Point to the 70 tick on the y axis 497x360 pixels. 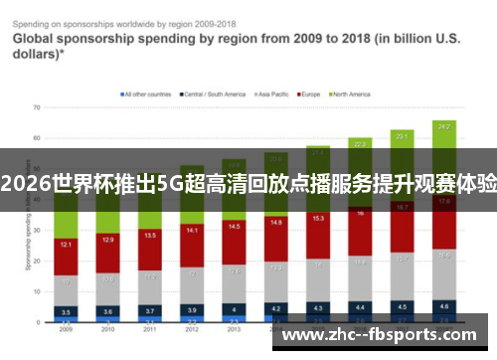pyautogui.click(x=36, y=106)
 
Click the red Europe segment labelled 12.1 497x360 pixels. pyautogui.click(x=66, y=244)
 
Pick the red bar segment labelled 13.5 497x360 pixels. pyautogui.click(x=149, y=237)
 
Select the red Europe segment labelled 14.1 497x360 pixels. pyautogui.click(x=192, y=231)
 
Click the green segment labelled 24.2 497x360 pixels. pyautogui.click(x=443, y=127)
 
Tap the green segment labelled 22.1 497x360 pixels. pyautogui.click(x=402, y=135)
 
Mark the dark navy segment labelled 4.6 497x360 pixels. pyautogui.click(x=443, y=305)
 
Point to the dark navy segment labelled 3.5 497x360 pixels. pyautogui.click(x=66, y=311)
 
